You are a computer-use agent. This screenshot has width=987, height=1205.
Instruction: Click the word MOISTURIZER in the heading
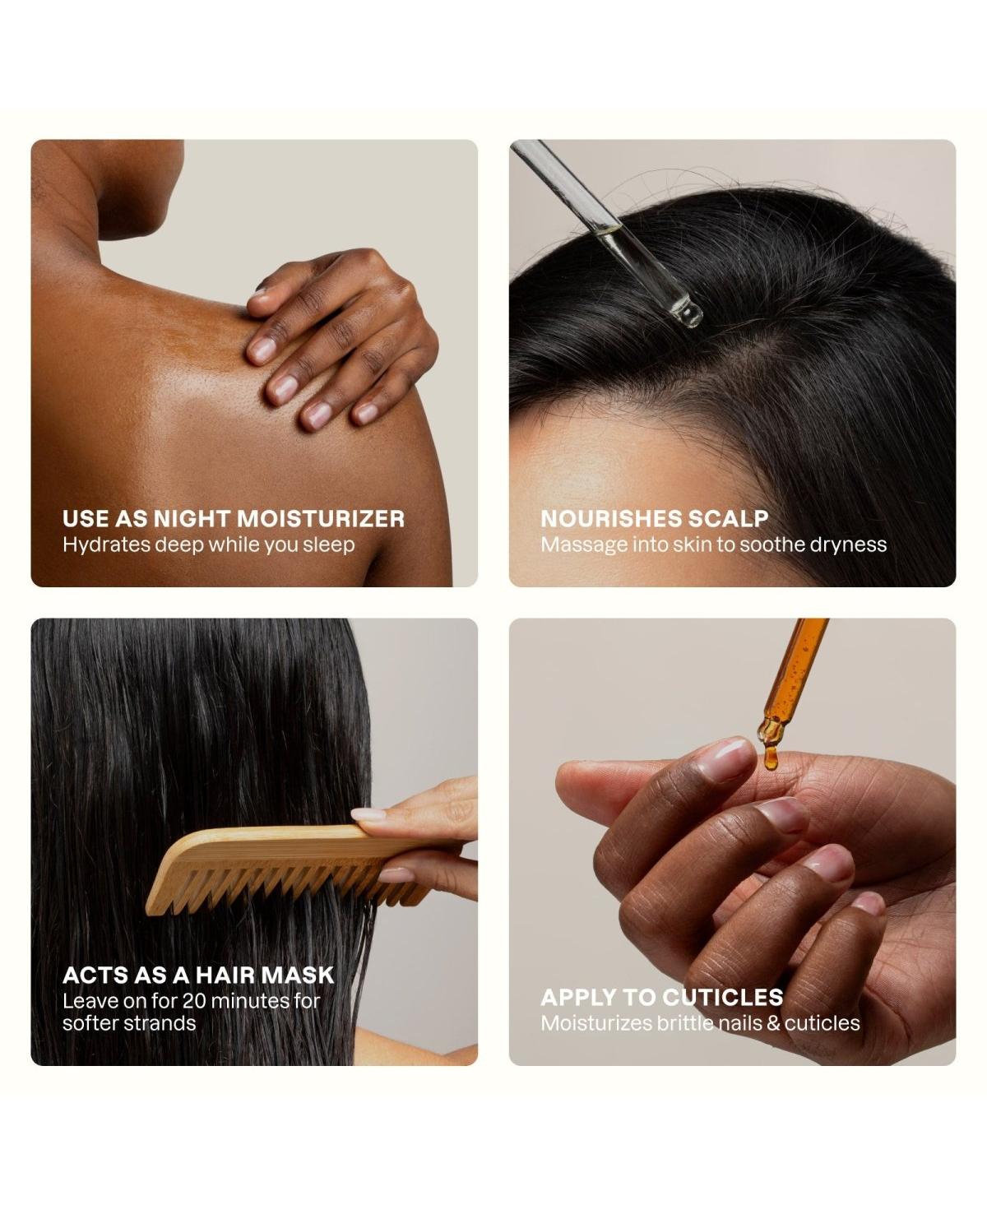pyautogui.click(x=321, y=519)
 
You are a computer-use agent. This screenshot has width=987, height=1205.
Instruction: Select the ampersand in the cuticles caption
pyautogui.click(x=773, y=1023)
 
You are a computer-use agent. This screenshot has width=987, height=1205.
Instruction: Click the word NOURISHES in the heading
pyautogui.click(x=611, y=519)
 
